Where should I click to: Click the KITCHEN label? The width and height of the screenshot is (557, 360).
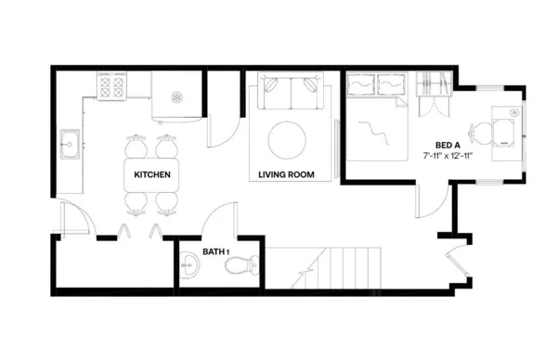[x=151, y=174]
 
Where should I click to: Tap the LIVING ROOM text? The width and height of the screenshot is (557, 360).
[x=285, y=174]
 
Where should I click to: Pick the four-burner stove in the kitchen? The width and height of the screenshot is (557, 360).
[x=111, y=87]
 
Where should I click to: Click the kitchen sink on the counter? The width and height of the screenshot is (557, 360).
[x=70, y=145]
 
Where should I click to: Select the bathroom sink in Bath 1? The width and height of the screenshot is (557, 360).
[x=189, y=265]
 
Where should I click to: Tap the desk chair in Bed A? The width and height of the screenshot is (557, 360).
[x=479, y=132]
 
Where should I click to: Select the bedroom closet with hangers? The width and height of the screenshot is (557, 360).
[x=433, y=93]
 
